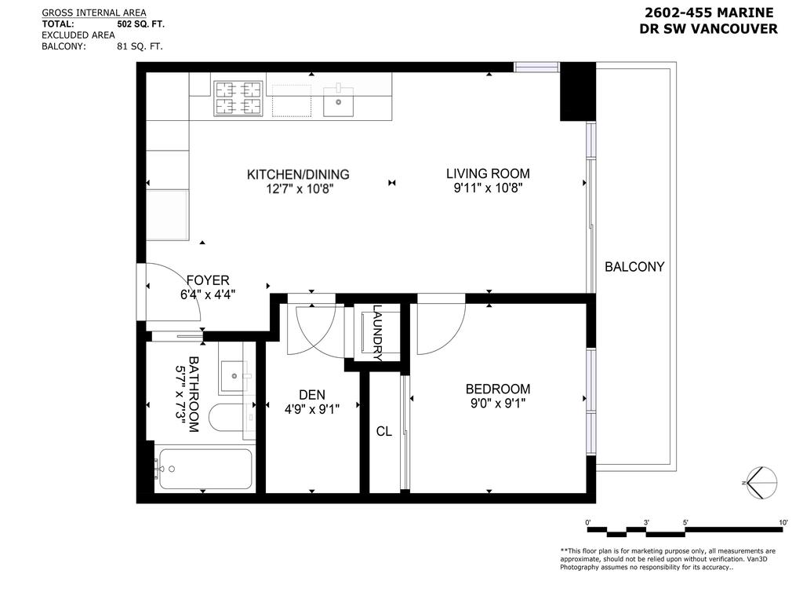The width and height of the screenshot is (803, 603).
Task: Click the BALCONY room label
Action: coord(634,267)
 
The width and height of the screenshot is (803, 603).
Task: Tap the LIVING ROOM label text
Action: coord(488,174)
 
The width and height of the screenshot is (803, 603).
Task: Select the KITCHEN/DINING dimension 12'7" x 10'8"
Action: coord(298,188)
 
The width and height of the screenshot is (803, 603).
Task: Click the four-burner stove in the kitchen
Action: coord(238,97)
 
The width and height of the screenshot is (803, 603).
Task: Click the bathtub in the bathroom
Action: coord(204,470)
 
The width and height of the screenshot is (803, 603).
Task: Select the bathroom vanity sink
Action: coord(235,375)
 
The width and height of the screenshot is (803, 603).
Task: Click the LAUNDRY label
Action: coord(377,333)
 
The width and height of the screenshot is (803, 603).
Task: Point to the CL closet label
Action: coord(383,431)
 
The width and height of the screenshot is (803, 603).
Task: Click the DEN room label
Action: coord(311,394)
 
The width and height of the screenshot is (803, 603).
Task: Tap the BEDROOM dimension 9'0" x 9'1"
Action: coord(497,404)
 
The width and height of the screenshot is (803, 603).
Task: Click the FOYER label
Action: coord(207,280)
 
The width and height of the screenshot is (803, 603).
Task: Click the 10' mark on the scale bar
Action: coord(783,522)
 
